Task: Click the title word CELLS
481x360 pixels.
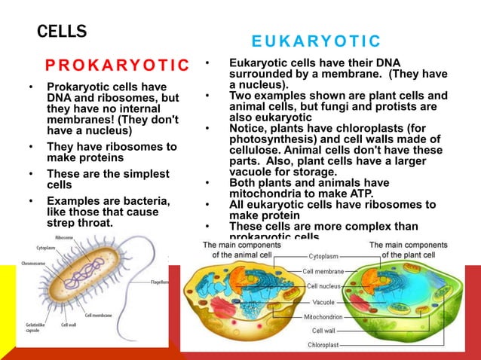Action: point(62,32)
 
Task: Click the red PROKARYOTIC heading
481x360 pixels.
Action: point(117,65)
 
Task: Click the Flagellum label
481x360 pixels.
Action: point(159,282)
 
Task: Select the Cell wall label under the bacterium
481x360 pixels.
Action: point(69,325)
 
